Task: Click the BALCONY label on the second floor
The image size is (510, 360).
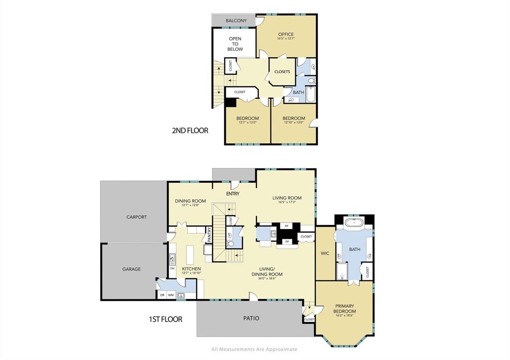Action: click(236, 20)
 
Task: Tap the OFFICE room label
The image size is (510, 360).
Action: click(286, 34)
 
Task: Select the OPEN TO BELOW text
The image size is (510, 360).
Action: click(235, 44)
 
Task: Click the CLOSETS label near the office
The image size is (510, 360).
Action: click(282, 72)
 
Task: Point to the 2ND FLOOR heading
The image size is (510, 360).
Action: click(190, 131)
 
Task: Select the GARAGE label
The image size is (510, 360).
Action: click(131, 269)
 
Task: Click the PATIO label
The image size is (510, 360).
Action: click(251, 318)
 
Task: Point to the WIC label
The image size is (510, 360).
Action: click(325, 253)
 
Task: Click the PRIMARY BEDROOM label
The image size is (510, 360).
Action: click(345, 309)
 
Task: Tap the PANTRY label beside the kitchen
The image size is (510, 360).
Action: click(210, 235)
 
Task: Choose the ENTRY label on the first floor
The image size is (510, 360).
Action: click(233, 194)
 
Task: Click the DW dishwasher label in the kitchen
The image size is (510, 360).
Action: click(172, 268)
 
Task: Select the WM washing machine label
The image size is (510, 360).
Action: click(171, 295)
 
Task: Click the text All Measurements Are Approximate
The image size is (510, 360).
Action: click(255, 350)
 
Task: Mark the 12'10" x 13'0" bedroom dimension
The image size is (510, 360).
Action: click(293, 122)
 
